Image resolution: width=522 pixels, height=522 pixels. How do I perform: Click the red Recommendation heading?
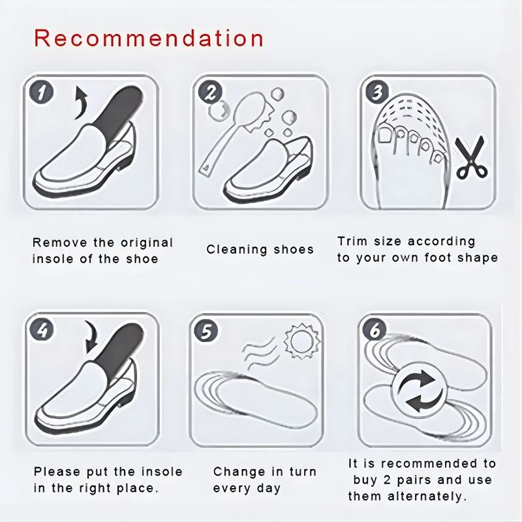tap(149, 38)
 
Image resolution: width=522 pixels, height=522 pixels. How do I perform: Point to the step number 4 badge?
tap(41, 331)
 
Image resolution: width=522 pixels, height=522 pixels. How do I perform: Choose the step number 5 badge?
tap(207, 331)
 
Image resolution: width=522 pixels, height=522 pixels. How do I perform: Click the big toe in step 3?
tap(386, 134)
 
